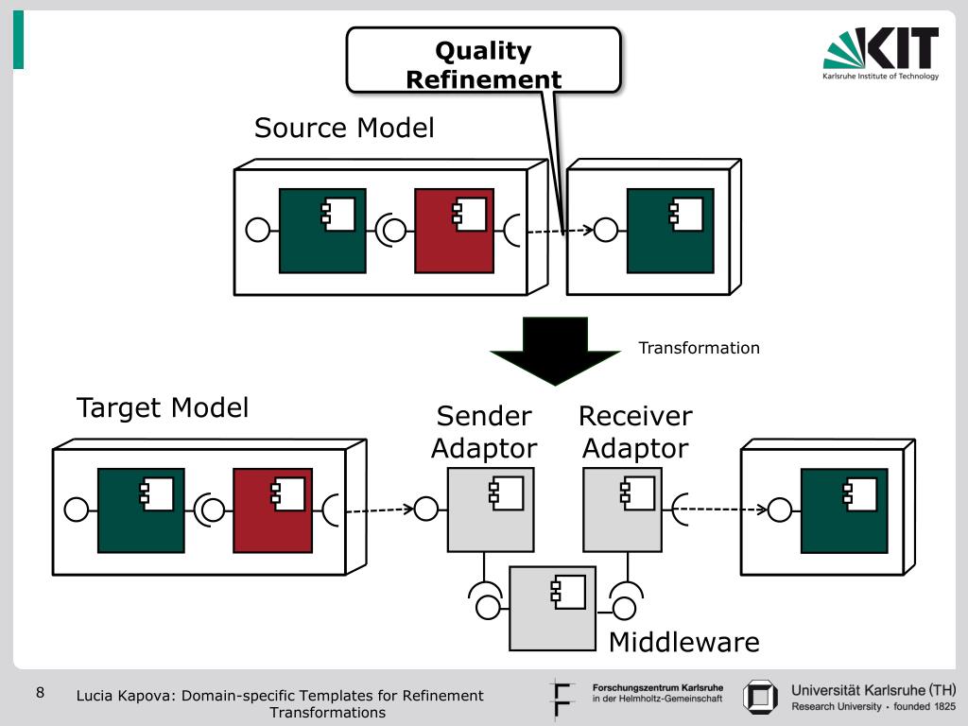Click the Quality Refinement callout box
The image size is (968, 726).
click(x=483, y=60)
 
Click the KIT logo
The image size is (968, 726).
click(x=881, y=53)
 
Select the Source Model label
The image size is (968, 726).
click(x=344, y=129)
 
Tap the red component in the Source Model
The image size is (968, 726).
click(x=455, y=231)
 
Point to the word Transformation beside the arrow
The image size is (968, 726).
click(x=699, y=348)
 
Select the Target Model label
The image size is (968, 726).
click(x=163, y=408)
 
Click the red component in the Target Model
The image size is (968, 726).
click(x=272, y=510)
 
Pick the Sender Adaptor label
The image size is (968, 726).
click(x=483, y=432)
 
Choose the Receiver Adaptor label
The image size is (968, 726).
click(x=635, y=432)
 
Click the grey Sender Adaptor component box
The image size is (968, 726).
click(x=491, y=510)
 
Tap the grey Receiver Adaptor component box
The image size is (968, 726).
click(x=623, y=510)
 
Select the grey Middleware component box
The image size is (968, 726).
click(x=553, y=609)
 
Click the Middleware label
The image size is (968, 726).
click(x=683, y=643)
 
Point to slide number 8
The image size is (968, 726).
click(x=41, y=693)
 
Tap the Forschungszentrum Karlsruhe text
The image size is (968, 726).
click(x=657, y=687)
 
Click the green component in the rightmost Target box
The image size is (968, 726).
click(x=844, y=510)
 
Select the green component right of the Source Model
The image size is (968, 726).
click(x=670, y=231)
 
